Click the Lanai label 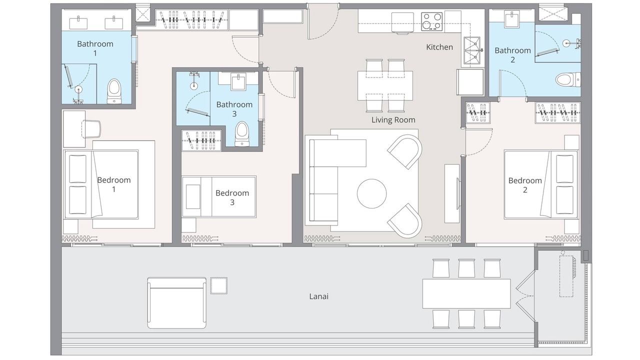coord(318,296)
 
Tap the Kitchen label coord(439,47)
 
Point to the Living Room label coord(393,120)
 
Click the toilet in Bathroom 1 coord(114,91)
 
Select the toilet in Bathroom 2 coord(568,79)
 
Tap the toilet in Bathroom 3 coord(242,134)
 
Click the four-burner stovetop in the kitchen coord(431,21)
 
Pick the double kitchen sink coord(471,51)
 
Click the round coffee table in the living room coord(371,193)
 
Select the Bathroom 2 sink coord(512,18)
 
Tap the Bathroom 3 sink coord(238,82)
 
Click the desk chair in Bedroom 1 coord(91,129)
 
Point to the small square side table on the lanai coord(219,285)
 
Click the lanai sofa coord(177,303)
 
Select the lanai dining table coord(466,293)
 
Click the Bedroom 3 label coord(232,197)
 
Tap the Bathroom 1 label coord(95,48)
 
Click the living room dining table coord(385,85)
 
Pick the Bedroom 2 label coord(525,185)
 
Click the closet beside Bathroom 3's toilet coord(201,140)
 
